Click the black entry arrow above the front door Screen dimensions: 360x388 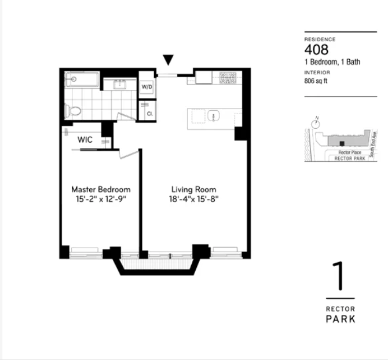169,60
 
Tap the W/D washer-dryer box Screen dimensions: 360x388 147,87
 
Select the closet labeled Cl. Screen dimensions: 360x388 149,114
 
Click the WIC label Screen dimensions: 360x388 86,140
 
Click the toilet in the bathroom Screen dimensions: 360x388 71,110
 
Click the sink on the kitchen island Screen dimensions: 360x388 212,116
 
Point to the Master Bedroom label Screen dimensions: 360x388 101,190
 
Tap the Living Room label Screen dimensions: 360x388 193,190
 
